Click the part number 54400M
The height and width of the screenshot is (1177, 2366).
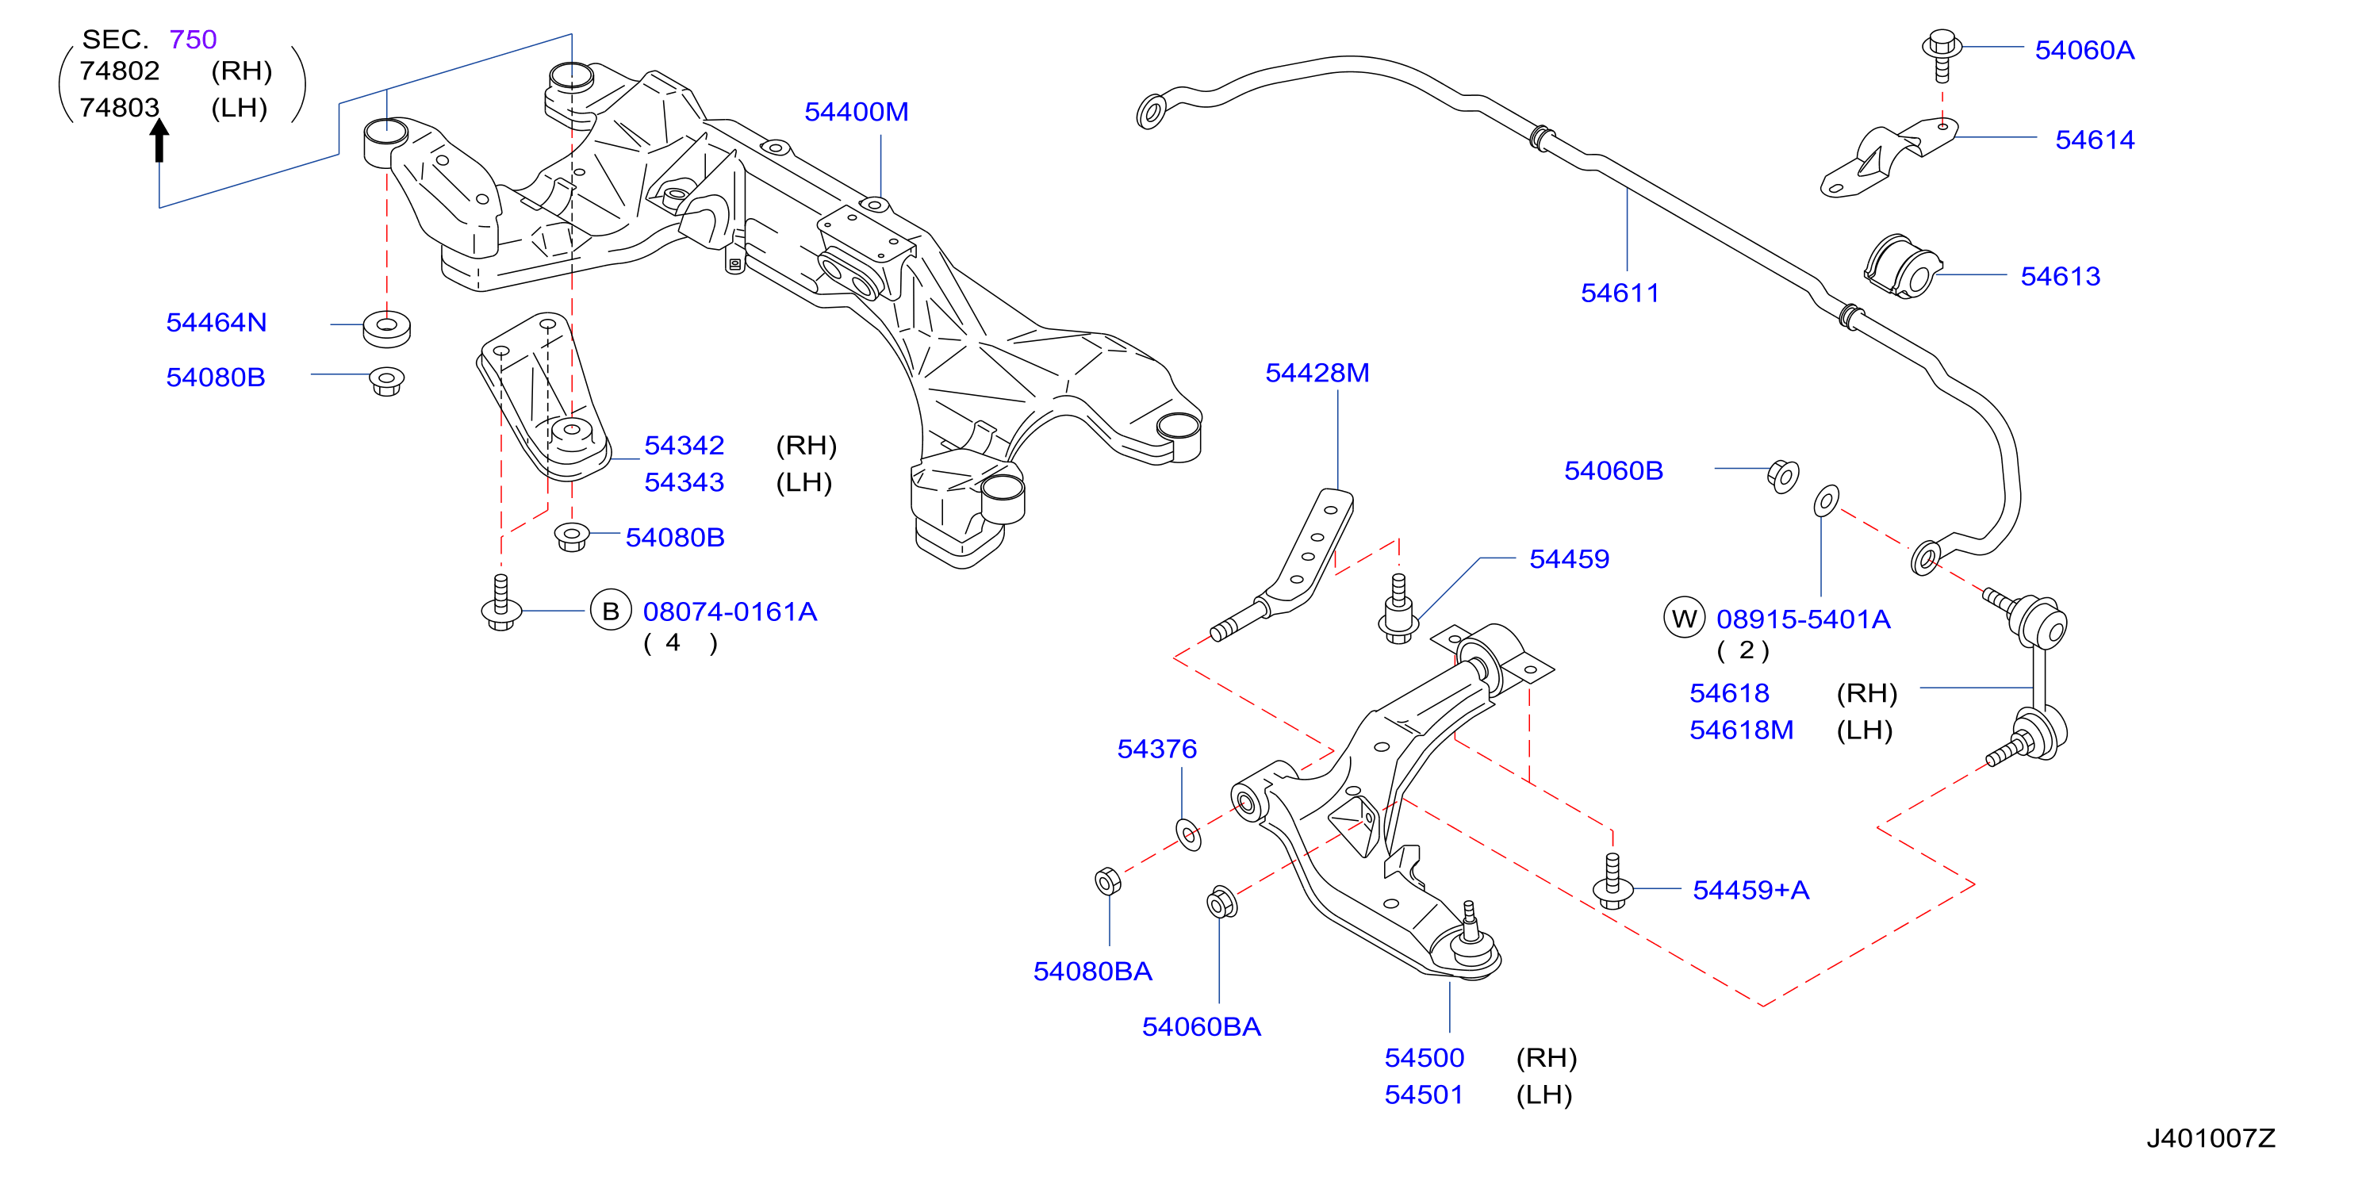(x=856, y=112)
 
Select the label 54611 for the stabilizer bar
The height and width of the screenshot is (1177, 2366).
(x=1620, y=293)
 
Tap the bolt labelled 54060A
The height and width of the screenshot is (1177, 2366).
(x=1942, y=55)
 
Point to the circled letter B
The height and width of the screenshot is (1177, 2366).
(x=610, y=611)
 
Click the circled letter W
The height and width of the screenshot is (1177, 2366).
(x=1684, y=618)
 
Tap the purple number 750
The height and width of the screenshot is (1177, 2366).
(x=193, y=40)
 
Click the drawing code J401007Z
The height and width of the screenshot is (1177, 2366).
(x=2210, y=1138)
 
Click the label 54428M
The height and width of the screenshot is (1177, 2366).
(x=1317, y=373)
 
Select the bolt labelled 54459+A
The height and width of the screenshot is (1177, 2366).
(x=1612, y=882)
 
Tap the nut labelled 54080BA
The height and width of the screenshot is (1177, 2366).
(x=1108, y=880)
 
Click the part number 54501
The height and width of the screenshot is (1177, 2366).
(x=1424, y=1095)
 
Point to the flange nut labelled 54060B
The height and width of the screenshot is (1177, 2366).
(x=1783, y=477)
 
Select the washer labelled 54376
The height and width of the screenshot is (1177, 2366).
(x=1188, y=834)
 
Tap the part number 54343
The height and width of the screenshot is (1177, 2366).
(x=684, y=482)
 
